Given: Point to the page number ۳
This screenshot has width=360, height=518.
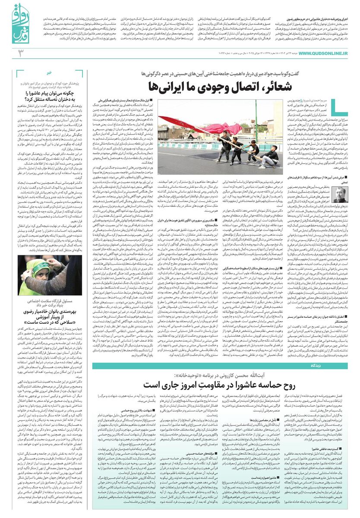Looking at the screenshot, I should click(x=20, y=53).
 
